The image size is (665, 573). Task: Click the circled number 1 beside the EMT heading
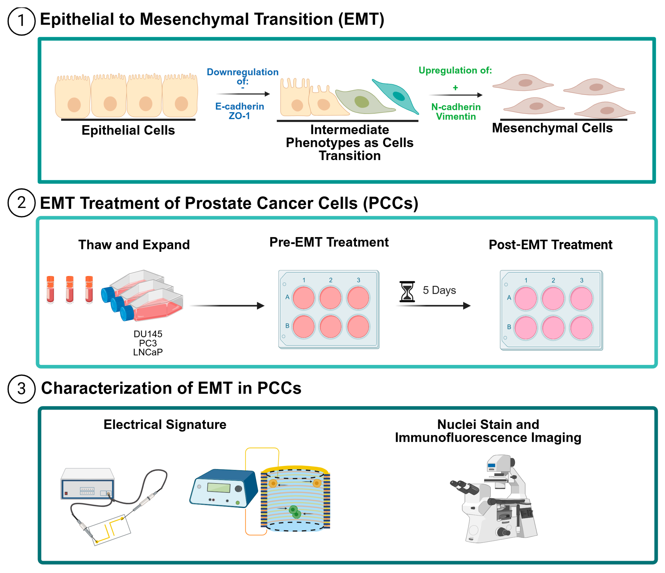click(21, 21)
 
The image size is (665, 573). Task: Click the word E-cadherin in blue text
click(239, 106)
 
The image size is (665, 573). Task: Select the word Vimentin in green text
click(456, 116)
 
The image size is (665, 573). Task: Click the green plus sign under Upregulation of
click(455, 87)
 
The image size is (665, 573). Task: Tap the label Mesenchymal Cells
click(552, 128)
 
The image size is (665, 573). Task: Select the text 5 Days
click(439, 290)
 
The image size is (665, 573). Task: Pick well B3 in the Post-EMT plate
click(581, 328)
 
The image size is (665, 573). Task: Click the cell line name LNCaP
click(148, 352)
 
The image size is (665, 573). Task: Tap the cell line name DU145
click(148, 334)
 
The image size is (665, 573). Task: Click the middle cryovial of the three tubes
click(70, 289)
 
